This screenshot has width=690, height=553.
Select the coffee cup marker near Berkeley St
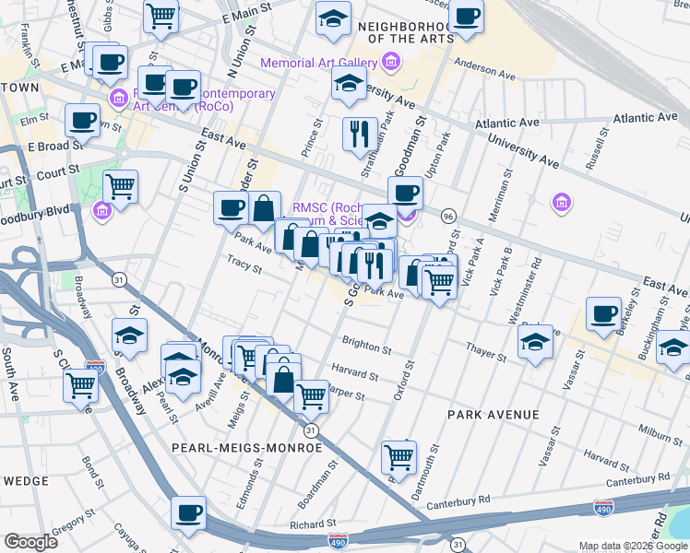tap(604, 314)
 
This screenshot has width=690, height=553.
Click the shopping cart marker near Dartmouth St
tap(399, 456)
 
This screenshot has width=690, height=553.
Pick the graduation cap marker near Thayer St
tap(535, 343)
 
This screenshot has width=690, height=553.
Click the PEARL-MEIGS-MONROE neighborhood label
tap(246, 447)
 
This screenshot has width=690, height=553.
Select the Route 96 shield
tap(448, 215)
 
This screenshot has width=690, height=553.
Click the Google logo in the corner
tap(30, 541)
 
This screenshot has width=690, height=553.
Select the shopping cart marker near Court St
tap(121, 186)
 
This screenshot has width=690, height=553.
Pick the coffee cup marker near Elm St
tap(82, 120)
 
